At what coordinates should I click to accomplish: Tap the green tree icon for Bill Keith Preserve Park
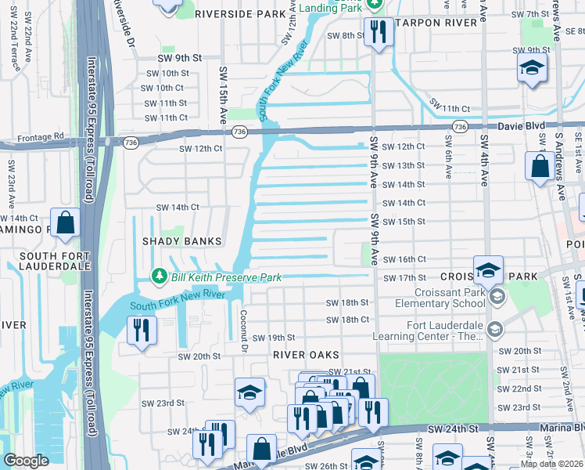[x=160, y=277]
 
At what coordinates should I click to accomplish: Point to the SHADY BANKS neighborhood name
[x=181, y=241]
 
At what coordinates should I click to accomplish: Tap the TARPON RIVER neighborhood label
[x=436, y=23]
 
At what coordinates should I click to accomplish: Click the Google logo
[x=26, y=461]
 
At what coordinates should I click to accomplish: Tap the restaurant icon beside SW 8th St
[x=377, y=32]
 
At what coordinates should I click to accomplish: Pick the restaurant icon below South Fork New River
[x=142, y=329]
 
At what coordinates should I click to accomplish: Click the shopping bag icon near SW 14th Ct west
[x=65, y=222]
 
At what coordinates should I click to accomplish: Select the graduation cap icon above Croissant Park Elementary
[x=488, y=271]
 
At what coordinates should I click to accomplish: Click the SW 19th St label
[x=271, y=338]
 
